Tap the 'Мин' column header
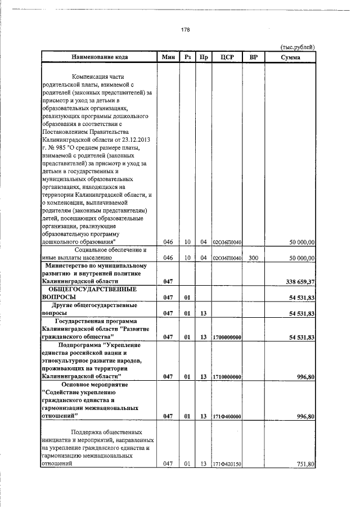pos(168,57)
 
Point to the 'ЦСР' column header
pos(228,57)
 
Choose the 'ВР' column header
pos(253,57)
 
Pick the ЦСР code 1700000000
pos(228,337)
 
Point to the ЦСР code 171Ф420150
pos(228,465)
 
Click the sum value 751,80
pos(303,465)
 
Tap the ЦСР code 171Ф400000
pos(228,416)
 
